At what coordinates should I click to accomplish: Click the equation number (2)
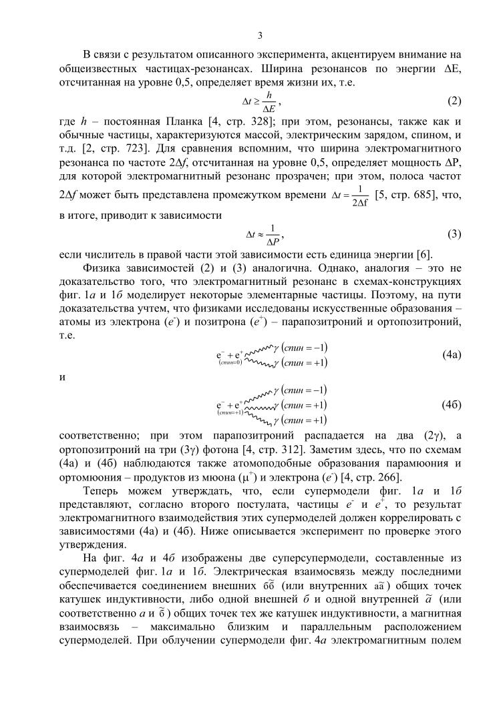tap(454, 102)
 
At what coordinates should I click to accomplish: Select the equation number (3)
tap(454, 234)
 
